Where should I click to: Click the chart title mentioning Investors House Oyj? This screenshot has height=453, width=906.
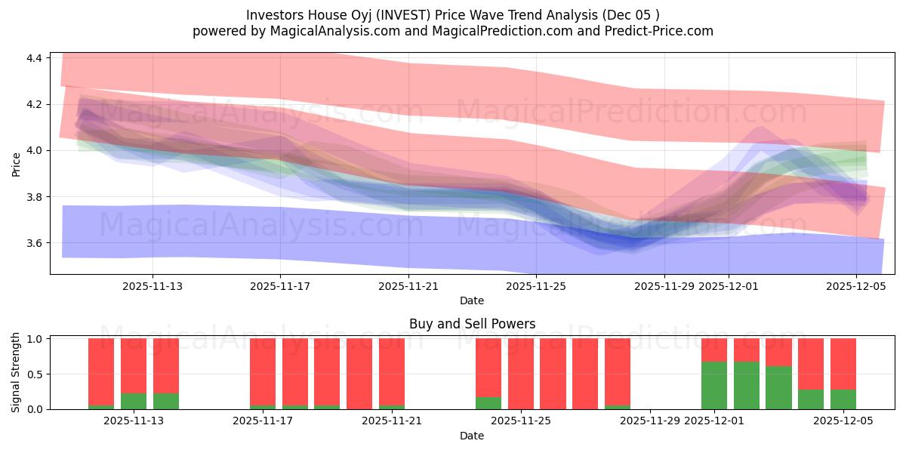point(452,14)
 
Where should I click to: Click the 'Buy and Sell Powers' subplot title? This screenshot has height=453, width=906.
point(472,324)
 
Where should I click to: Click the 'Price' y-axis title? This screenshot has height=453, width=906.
point(17,163)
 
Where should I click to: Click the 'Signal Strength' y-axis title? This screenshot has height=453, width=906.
point(17,373)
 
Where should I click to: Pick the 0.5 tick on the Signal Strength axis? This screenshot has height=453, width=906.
point(35,374)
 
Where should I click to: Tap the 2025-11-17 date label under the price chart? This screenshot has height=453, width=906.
point(280,286)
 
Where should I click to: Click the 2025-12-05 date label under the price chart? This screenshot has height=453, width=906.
point(855,286)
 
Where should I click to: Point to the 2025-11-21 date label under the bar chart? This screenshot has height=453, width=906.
point(392,421)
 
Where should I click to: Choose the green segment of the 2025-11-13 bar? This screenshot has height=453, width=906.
point(134,401)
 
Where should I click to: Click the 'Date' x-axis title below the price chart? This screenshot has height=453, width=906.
point(472,300)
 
